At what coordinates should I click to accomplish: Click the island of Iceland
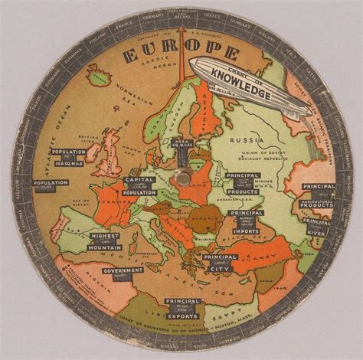pos(97,75)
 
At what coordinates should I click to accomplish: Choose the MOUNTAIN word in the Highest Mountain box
pos(106,246)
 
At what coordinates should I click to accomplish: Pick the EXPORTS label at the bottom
pos(182,315)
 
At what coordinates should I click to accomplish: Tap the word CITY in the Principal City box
pos(218,268)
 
